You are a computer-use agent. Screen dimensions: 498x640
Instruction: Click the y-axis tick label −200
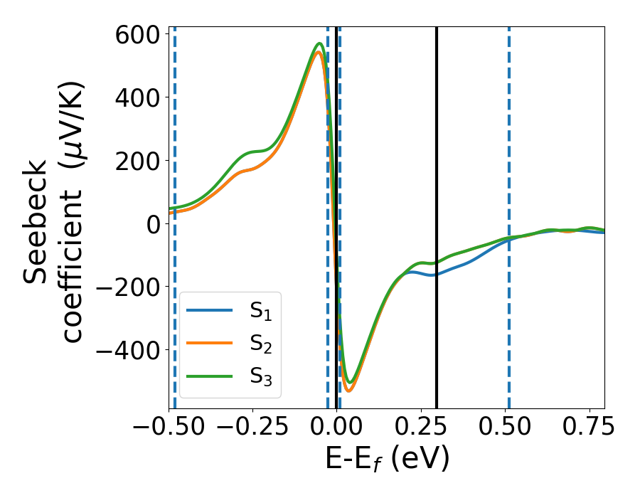(128, 287)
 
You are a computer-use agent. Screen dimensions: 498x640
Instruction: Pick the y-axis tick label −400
(128, 350)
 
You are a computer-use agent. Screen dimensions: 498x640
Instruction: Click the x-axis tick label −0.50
(169, 427)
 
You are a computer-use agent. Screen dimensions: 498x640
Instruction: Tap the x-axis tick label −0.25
(252, 427)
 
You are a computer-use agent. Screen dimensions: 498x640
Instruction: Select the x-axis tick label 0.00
(336, 427)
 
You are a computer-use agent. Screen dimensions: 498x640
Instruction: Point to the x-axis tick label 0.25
(420, 427)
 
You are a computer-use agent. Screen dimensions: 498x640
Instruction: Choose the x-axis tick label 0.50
(503, 427)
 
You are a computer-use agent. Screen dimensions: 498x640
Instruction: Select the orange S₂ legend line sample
(210, 344)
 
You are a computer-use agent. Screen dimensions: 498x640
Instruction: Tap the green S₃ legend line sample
(210, 376)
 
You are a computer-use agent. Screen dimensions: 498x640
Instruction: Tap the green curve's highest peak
(320, 43)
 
